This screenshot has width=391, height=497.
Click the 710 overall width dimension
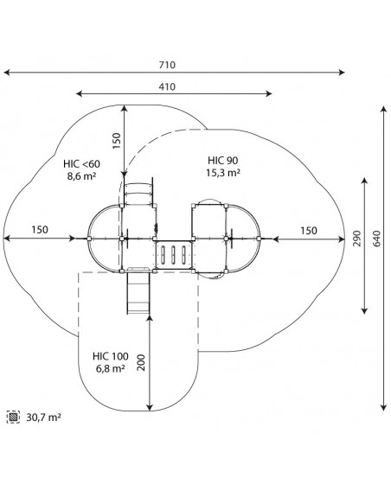pyautogui.click(x=167, y=65)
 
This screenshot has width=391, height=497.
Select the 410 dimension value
pyautogui.click(x=167, y=86)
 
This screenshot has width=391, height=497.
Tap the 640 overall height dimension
pyautogui.click(x=377, y=239)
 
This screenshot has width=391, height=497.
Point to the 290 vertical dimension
pyautogui.click(x=357, y=239)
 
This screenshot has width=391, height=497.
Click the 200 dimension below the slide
pyautogui.click(x=141, y=363)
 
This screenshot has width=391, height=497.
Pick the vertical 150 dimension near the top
pyautogui.click(x=117, y=141)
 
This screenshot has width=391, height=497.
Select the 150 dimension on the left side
pyautogui.click(x=40, y=229)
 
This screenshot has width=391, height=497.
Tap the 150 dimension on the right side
pyautogui.click(x=309, y=231)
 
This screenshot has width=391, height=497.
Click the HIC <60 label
pyautogui.click(x=81, y=164)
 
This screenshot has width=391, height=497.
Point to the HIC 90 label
pyautogui.click(x=223, y=161)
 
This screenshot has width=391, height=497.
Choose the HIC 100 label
pyautogui.click(x=111, y=356)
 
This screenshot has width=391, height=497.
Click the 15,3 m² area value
pyautogui.click(x=223, y=173)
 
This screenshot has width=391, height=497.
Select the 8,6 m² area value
pyautogui.click(x=81, y=176)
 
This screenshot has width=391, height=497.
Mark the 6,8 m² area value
pyautogui.click(x=111, y=368)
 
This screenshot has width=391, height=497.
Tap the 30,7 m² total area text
pyautogui.click(x=43, y=417)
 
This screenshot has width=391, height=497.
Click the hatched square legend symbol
pyautogui.click(x=13, y=417)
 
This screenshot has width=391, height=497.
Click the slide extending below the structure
pyautogui.click(x=138, y=292)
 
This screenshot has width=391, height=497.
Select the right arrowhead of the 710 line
pyautogui.click(x=342, y=73)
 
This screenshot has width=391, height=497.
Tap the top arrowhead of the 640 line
pyautogui.click(x=384, y=110)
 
